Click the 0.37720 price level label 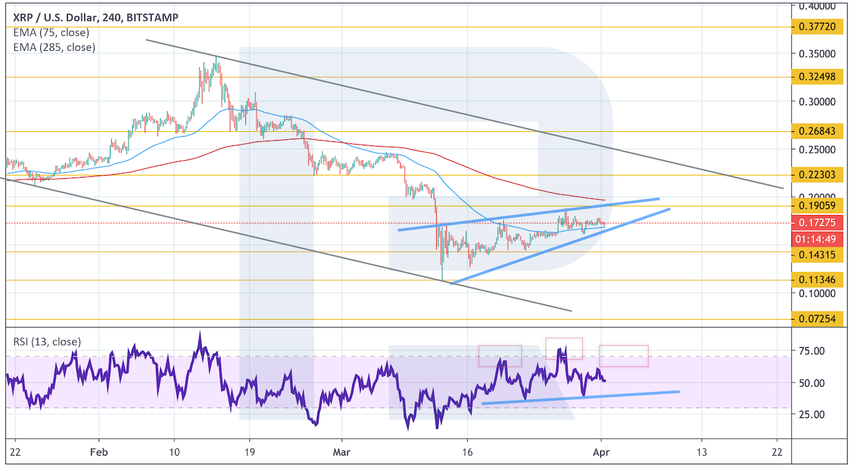817,27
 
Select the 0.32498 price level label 817,76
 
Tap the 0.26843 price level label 817,131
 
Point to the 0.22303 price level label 817,175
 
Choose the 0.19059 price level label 817,205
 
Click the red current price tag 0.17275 817,222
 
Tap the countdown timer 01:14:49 817,239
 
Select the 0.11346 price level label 817,281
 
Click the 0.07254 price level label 817,320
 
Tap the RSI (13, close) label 47,342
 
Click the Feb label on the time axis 98,452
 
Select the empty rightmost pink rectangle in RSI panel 623,356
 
